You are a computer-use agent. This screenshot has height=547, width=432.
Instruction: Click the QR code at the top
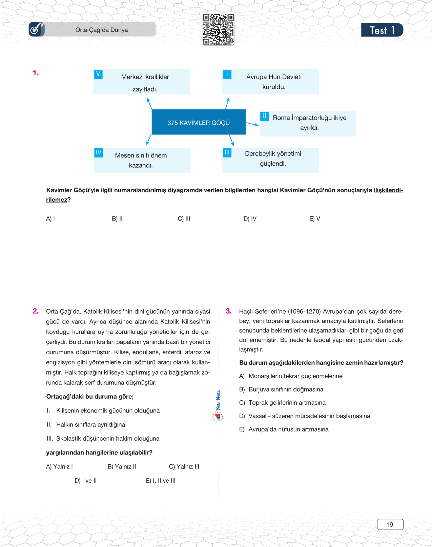pos(218,29)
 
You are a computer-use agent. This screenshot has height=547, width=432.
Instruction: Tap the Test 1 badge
pos(382,30)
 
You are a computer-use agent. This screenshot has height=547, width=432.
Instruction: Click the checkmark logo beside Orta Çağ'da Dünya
pos(36,29)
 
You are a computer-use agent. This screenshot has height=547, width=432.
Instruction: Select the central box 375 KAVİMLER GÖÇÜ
pos(199,122)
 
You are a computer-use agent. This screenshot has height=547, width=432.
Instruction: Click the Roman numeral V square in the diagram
pos(98,74)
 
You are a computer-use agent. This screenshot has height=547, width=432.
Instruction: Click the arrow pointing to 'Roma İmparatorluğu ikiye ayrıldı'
pos(252,124)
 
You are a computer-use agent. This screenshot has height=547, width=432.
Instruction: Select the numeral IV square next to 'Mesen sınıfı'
pos(99,152)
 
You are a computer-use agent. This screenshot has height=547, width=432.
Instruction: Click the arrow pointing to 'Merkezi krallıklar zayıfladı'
pos(149,103)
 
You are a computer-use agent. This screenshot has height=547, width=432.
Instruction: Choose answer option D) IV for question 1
pos(250,219)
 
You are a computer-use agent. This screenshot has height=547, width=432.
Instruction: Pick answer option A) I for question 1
pos(50,219)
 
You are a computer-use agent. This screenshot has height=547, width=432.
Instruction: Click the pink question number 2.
pos(36,311)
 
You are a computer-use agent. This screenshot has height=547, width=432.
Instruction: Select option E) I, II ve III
pos(161,481)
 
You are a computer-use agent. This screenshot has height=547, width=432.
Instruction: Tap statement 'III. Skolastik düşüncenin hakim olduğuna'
pos(103,439)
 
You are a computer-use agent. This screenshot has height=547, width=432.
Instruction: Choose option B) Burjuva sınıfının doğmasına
pos(281,390)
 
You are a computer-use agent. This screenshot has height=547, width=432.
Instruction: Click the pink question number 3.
pos(229,311)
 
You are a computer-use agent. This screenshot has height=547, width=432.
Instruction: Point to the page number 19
pos(390,524)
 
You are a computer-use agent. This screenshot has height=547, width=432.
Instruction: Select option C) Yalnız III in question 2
pos(184,467)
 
